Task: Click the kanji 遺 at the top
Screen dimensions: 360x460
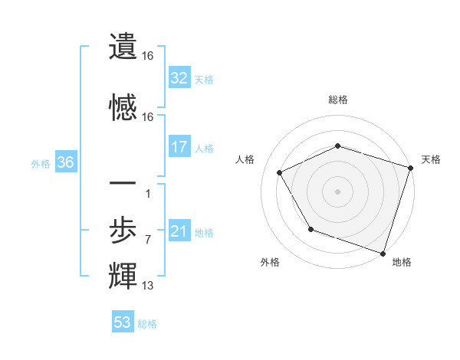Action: [123, 45]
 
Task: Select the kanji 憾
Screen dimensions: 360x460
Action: [123, 106]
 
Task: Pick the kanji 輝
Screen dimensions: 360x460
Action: [123, 275]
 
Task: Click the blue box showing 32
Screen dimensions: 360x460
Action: [179, 77]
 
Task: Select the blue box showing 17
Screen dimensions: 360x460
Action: [179, 147]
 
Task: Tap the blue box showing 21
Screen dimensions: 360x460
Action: [179, 231]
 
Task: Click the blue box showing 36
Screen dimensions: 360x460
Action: [65, 162]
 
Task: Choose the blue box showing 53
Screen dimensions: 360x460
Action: [122, 322]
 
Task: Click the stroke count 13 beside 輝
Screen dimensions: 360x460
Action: [148, 286]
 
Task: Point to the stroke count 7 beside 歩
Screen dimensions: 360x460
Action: [147, 240]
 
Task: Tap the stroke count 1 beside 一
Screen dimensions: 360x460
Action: [147, 193]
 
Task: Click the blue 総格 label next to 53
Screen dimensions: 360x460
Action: [147, 324]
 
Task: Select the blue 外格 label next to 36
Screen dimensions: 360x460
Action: [41, 163]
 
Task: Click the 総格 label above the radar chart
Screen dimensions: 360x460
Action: [337, 100]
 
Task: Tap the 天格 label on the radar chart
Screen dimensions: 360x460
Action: [431, 159]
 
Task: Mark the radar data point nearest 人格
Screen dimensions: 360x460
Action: [279, 173]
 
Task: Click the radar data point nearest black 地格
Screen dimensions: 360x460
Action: [383, 253]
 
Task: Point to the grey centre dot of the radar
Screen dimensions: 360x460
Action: [337, 191]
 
